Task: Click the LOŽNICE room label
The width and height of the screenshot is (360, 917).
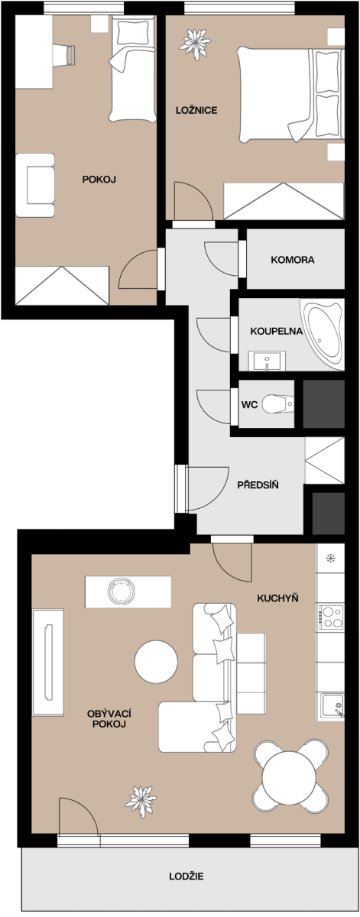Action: [x=196, y=110]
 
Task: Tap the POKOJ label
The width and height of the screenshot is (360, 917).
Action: [x=99, y=180]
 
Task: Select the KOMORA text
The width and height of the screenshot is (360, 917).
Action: [x=293, y=260]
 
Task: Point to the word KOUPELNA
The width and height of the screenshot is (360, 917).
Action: [x=277, y=331]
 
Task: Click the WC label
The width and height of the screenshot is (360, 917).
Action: [x=249, y=405]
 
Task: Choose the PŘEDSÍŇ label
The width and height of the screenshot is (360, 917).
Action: [x=258, y=485]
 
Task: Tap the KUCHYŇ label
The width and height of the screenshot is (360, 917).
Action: [x=277, y=598]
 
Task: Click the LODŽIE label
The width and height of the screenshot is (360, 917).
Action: [x=186, y=876]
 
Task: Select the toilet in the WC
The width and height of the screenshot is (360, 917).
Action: [x=277, y=404]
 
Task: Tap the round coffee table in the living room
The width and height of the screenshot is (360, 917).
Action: [x=156, y=662]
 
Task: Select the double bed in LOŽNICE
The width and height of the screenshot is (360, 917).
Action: [x=290, y=95]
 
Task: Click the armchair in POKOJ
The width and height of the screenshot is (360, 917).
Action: [x=35, y=186]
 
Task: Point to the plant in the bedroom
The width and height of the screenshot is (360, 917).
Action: [x=195, y=44]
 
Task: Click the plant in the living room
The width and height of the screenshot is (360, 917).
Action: [x=141, y=801]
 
